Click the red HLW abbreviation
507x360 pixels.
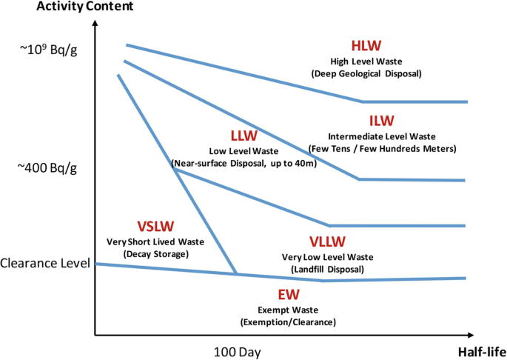(366, 44)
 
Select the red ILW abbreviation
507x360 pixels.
(381, 121)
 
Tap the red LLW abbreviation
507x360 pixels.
(244, 136)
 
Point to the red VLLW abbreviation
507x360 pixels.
(327, 242)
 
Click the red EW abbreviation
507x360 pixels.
(288, 294)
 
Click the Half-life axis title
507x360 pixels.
(481, 350)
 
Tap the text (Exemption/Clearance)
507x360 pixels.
(288, 322)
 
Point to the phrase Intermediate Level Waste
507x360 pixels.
(381, 136)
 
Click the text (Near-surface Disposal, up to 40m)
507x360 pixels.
(244, 163)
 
